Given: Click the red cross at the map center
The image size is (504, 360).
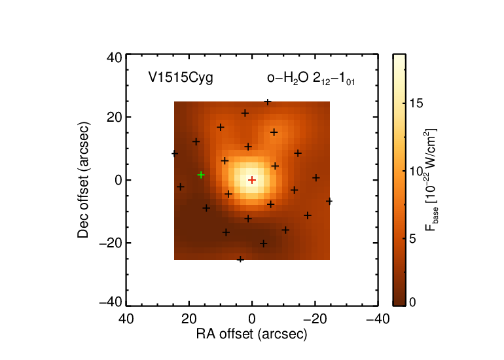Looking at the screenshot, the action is (x=252, y=180).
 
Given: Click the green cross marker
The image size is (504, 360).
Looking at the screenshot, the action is (x=201, y=175).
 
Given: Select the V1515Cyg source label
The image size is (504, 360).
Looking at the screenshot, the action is (x=181, y=78).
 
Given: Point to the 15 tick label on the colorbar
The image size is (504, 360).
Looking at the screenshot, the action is (x=416, y=103).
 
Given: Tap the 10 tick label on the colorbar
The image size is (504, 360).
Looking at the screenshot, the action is (x=416, y=171).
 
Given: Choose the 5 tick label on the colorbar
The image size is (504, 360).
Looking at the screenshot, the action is (x=412, y=239).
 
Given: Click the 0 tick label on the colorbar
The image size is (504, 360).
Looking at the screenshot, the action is (x=412, y=302).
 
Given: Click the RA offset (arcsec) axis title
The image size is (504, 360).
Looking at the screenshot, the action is (x=252, y=334).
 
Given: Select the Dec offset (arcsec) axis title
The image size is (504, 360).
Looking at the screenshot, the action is (x=83, y=180).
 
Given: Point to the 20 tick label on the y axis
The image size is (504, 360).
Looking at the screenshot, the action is (x=115, y=117).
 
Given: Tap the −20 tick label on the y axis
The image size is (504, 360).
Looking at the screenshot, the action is (x=111, y=243).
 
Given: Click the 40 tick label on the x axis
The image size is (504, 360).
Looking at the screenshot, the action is (x=126, y=319).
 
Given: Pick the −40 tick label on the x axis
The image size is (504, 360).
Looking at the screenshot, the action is (x=378, y=319).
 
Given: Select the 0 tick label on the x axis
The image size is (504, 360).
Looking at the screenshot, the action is (x=252, y=319).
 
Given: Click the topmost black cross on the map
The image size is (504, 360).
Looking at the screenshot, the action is (x=268, y=102).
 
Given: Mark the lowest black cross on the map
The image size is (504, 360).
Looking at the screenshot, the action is (x=240, y=259).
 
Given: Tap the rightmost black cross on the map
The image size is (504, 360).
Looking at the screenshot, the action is (x=329, y=201).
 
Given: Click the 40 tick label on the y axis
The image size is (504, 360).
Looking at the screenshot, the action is (x=115, y=58).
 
